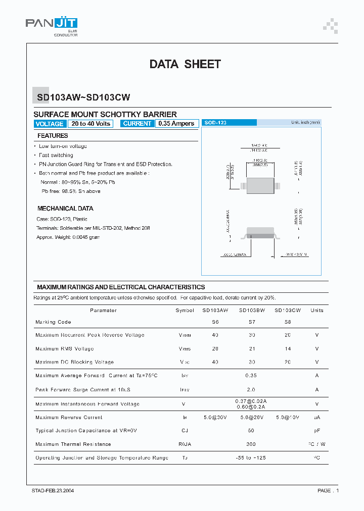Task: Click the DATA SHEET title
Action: coord(185,64)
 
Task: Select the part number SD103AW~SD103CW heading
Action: coord(83,98)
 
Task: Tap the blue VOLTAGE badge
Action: coord(50,124)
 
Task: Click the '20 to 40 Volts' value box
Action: coord(91,124)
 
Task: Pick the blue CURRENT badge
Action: coord(137,124)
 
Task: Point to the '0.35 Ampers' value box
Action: coord(176,124)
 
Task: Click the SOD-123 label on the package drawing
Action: coord(214,123)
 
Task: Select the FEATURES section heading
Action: coord(53,136)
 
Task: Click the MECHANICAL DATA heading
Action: coord(65,209)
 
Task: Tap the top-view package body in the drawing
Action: coord(260,185)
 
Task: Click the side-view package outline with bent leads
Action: coord(260,234)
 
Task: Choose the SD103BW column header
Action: coord(252,311)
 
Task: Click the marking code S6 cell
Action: coord(215,322)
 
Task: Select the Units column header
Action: coord(317,311)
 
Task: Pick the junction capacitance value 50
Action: coord(251,431)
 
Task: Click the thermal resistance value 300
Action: coord(251,444)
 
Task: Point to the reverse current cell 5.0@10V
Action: coord(288,418)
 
